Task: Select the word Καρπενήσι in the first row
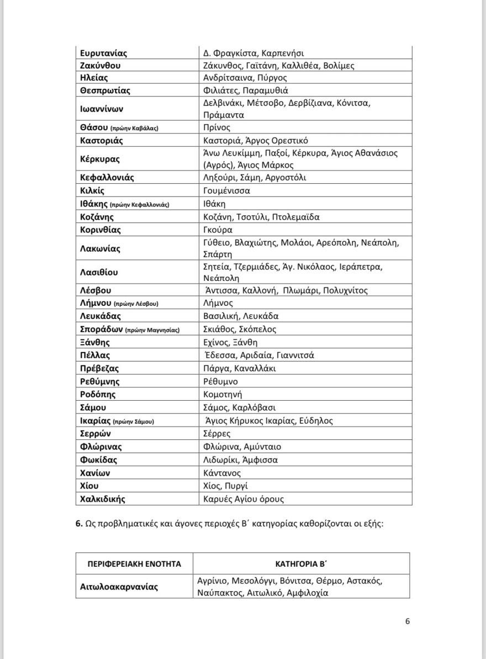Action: coord(282,54)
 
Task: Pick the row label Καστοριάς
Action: coord(102,140)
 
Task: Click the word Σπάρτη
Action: coord(218,254)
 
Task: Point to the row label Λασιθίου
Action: coord(99,272)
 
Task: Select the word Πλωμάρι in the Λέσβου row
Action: coord(300,290)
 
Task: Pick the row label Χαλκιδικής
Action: coord(103,499)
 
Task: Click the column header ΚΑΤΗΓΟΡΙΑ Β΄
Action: coord(302,564)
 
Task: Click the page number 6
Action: coord(408,621)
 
